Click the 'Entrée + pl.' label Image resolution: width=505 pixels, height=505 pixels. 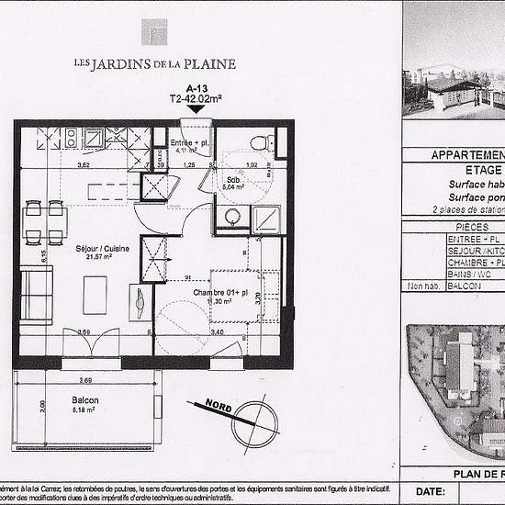click(191, 144)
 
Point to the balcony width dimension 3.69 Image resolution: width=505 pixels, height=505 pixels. click(85, 379)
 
